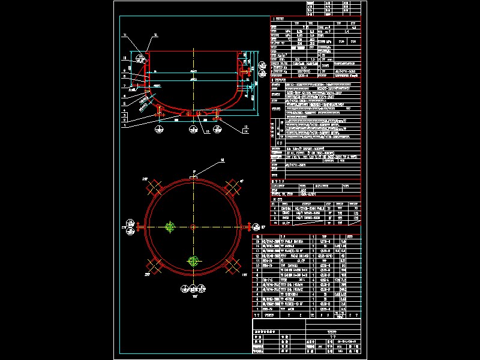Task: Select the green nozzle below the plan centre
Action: pos(193,261)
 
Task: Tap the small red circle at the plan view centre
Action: pos(193,226)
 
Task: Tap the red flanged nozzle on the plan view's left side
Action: pos(139,227)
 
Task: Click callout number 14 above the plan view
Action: pos(204,160)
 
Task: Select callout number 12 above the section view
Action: pos(154,36)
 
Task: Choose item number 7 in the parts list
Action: pos(256,279)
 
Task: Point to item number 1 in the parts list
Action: pos(256,309)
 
